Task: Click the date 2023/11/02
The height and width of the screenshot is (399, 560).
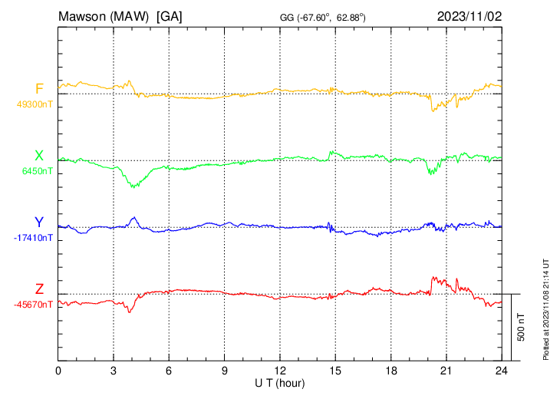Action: (x=469, y=15)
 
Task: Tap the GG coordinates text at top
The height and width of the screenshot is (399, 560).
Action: (x=322, y=16)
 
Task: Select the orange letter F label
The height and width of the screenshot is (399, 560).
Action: (x=39, y=89)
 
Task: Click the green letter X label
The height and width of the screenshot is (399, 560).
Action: (x=39, y=156)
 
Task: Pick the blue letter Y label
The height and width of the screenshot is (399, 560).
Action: (x=39, y=223)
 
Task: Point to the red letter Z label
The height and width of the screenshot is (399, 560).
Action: (x=39, y=289)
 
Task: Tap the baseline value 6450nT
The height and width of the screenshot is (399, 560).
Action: (x=35, y=171)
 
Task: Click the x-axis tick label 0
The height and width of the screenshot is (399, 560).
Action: (x=58, y=371)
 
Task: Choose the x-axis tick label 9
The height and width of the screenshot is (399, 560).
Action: (x=225, y=371)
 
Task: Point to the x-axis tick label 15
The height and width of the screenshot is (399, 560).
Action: (x=335, y=371)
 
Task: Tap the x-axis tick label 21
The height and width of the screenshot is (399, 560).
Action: (x=446, y=371)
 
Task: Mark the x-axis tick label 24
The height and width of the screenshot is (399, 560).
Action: (x=501, y=371)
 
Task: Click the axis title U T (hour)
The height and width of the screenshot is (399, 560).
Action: (x=279, y=382)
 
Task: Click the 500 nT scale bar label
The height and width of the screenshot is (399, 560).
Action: (x=522, y=327)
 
